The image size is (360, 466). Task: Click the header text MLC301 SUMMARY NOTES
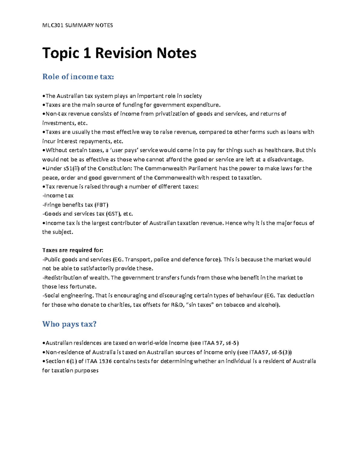coord(77,25)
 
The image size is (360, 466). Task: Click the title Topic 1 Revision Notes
coord(119,53)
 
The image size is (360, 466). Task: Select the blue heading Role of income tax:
coord(78,77)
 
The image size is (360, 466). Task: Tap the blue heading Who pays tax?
coord(69,324)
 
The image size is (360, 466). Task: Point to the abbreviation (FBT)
coord(101,205)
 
